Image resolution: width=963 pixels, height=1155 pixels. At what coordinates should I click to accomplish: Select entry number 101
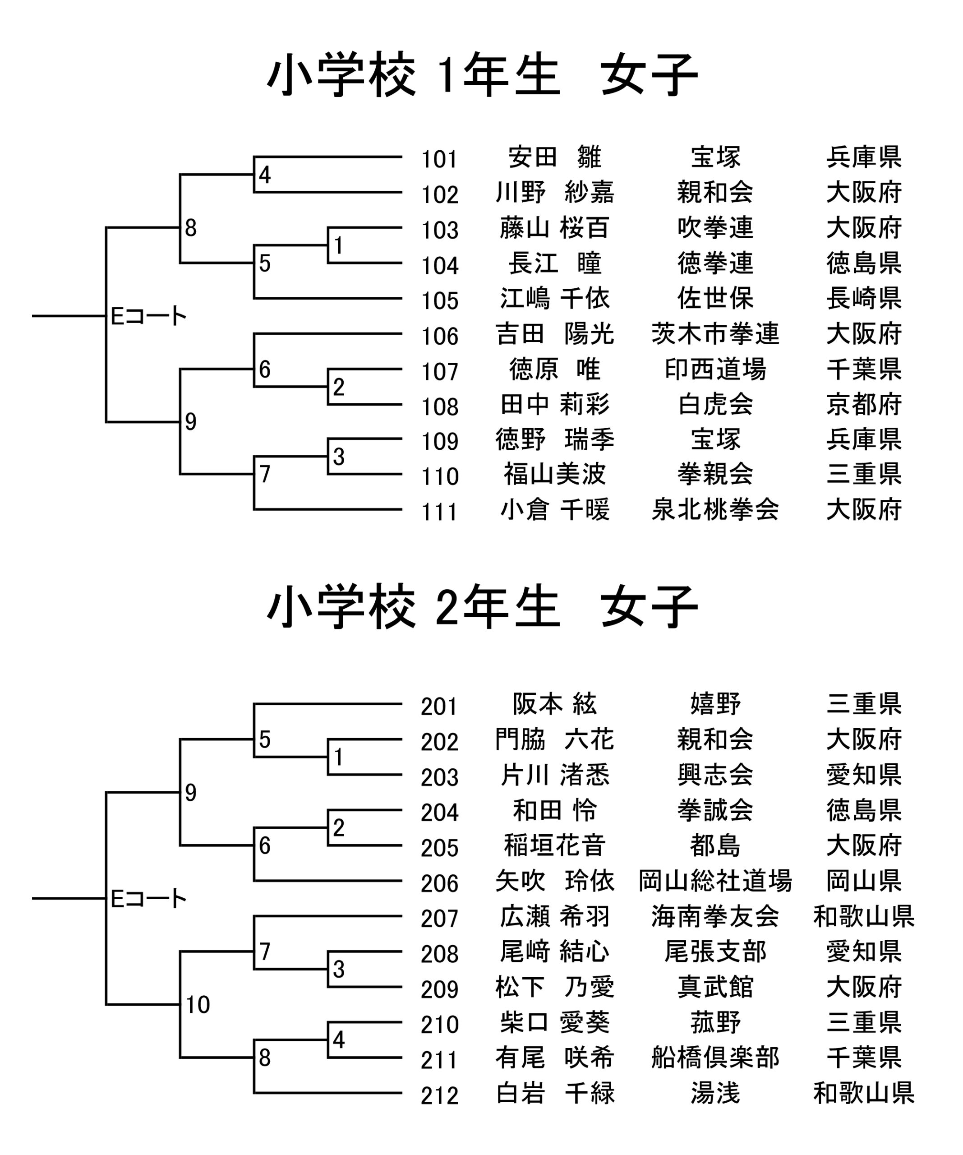[x=439, y=160]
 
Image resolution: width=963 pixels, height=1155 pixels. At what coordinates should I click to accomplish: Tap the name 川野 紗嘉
[x=554, y=193]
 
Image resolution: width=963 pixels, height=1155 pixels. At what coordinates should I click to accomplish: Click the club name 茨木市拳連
[x=715, y=334]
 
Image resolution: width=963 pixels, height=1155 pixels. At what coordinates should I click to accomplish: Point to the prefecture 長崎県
[x=863, y=299]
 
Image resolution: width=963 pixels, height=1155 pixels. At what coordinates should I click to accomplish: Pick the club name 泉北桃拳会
[x=715, y=510]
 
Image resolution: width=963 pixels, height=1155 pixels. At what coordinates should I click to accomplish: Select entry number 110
[x=439, y=477]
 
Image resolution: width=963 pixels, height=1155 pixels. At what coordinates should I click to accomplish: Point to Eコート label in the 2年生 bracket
[x=148, y=899]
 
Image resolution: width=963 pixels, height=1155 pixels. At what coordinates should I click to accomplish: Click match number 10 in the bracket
[x=198, y=1005]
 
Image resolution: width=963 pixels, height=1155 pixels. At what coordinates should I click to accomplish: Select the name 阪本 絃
[x=554, y=704]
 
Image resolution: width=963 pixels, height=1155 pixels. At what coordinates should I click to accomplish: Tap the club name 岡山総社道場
[x=715, y=881]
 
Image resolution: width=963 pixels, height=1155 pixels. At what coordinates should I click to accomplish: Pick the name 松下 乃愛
[x=554, y=987]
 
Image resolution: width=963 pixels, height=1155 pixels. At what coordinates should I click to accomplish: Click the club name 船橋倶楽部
[x=715, y=1058]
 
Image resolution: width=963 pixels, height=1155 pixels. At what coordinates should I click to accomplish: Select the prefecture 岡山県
[x=863, y=881]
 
